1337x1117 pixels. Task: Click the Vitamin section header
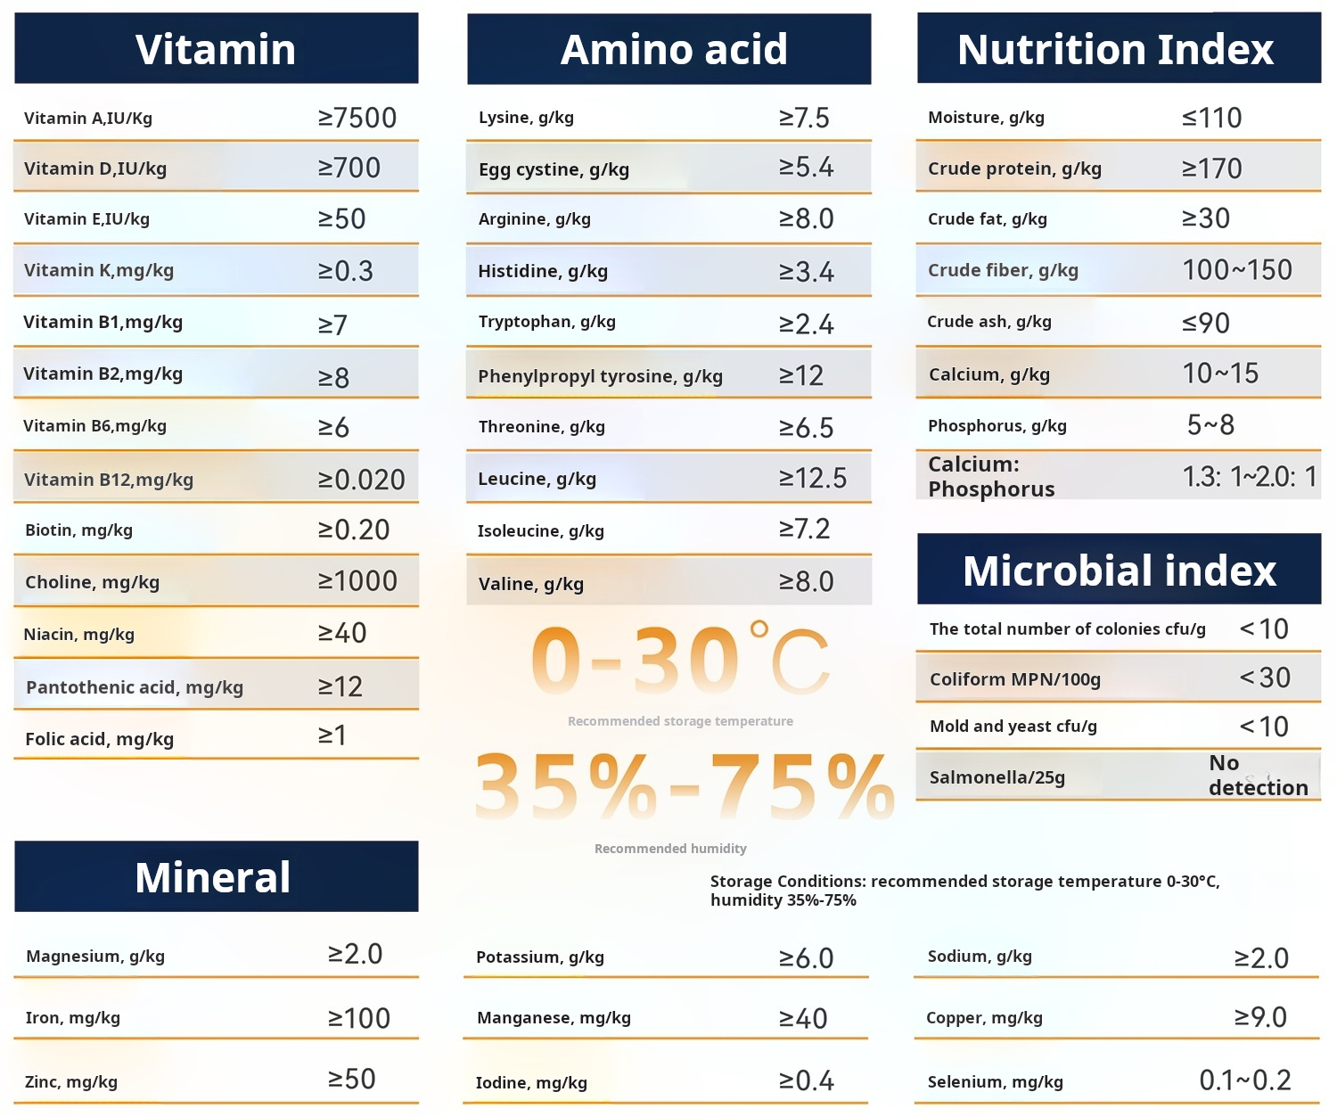pyautogui.click(x=216, y=49)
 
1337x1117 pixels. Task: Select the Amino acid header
pyautogui.click(x=673, y=49)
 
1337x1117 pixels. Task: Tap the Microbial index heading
pyautogui.click(x=1119, y=571)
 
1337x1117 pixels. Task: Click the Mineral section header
pyautogui.click(x=213, y=877)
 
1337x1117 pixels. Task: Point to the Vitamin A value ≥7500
pyautogui.click(x=357, y=118)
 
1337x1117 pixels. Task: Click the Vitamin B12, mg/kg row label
pyautogui.click(x=109, y=480)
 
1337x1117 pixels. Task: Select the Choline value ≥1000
pyautogui.click(x=357, y=581)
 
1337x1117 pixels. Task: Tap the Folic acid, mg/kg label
pyautogui.click(x=99, y=739)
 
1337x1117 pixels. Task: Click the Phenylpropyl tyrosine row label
pyautogui.click(x=600, y=376)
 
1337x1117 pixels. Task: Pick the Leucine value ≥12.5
pyautogui.click(x=813, y=479)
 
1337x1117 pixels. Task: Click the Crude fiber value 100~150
pyautogui.click(x=1236, y=270)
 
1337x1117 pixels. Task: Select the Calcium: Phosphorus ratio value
pyautogui.click(x=1249, y=477)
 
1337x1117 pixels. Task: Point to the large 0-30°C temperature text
pyautogui.click(x=679, y=661)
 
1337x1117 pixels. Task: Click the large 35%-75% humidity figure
pyautogui.click(x=684, y=785)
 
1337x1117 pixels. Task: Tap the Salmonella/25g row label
pyautogui.click(x=997, y=777)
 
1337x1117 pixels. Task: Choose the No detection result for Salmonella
pyautogui.click(x=1258, y=776)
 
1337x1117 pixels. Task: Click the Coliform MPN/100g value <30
pyautogui.click(x=1265, y=678)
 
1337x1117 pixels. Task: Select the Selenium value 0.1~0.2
pyautogui.click(x=1244, y=1080)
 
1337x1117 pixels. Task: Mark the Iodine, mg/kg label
pyautogui.click(x=531, y=1082)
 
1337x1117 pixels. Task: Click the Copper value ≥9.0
pyautogui.click(x=1260, y=1017)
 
